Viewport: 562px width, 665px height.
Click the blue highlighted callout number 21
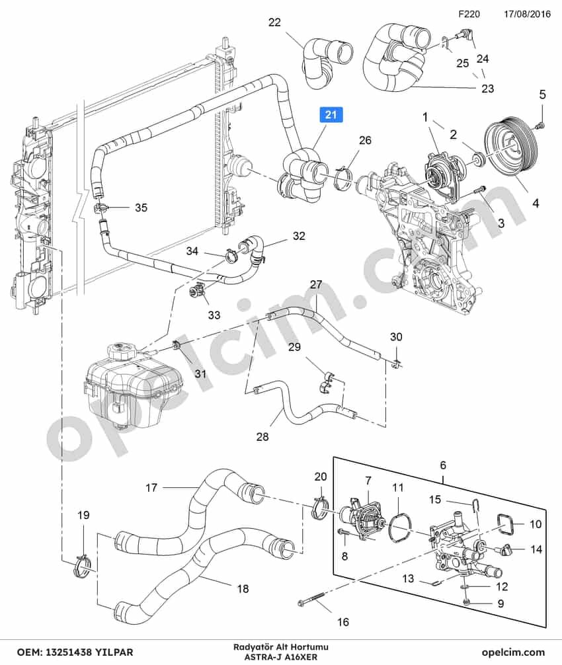pos(331,114)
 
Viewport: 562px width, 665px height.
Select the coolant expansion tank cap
pos(123,351)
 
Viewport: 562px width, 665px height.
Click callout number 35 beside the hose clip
pos(141,208)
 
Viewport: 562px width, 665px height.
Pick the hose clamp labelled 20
pos(320,506)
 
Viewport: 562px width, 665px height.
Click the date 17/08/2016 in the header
pos(527,14)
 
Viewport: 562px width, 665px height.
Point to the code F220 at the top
pos(469,14)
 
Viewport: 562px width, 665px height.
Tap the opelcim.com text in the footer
pos(513,652)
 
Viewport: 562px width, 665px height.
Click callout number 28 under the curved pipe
pos(262,436)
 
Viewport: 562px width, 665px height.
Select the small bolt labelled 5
pos(540,125)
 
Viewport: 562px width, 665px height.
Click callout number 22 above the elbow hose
pos(274,22)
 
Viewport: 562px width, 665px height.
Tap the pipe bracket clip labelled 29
pos(327,383)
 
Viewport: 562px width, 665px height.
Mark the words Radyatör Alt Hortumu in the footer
pos(281,647)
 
